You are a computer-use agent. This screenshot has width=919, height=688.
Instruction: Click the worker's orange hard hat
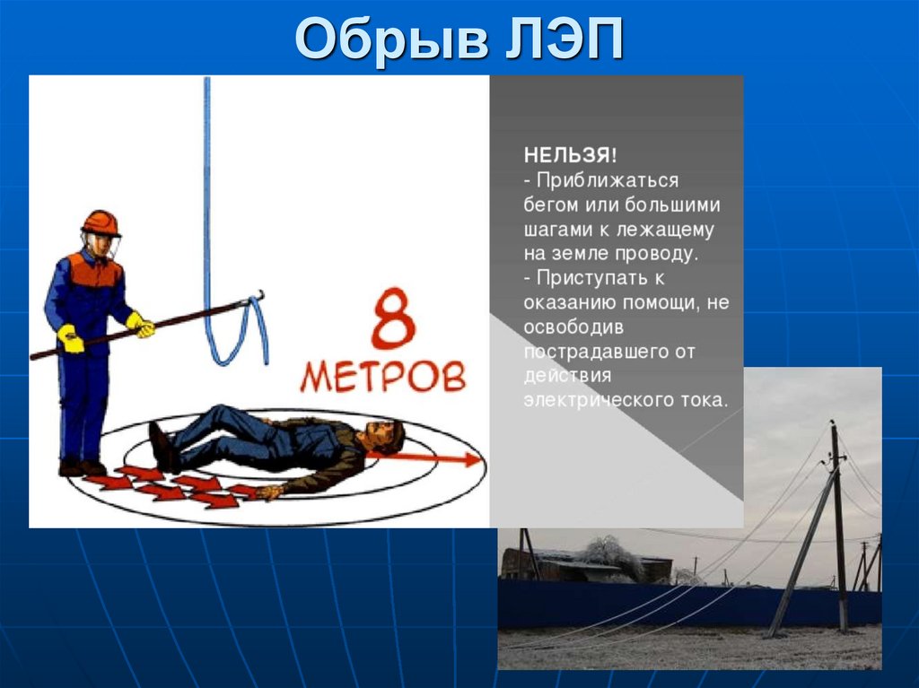101,222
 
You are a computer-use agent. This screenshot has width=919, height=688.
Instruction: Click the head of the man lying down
386,435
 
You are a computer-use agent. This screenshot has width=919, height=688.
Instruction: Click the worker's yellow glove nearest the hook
140,325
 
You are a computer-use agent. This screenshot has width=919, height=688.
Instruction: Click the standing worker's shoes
82,467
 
